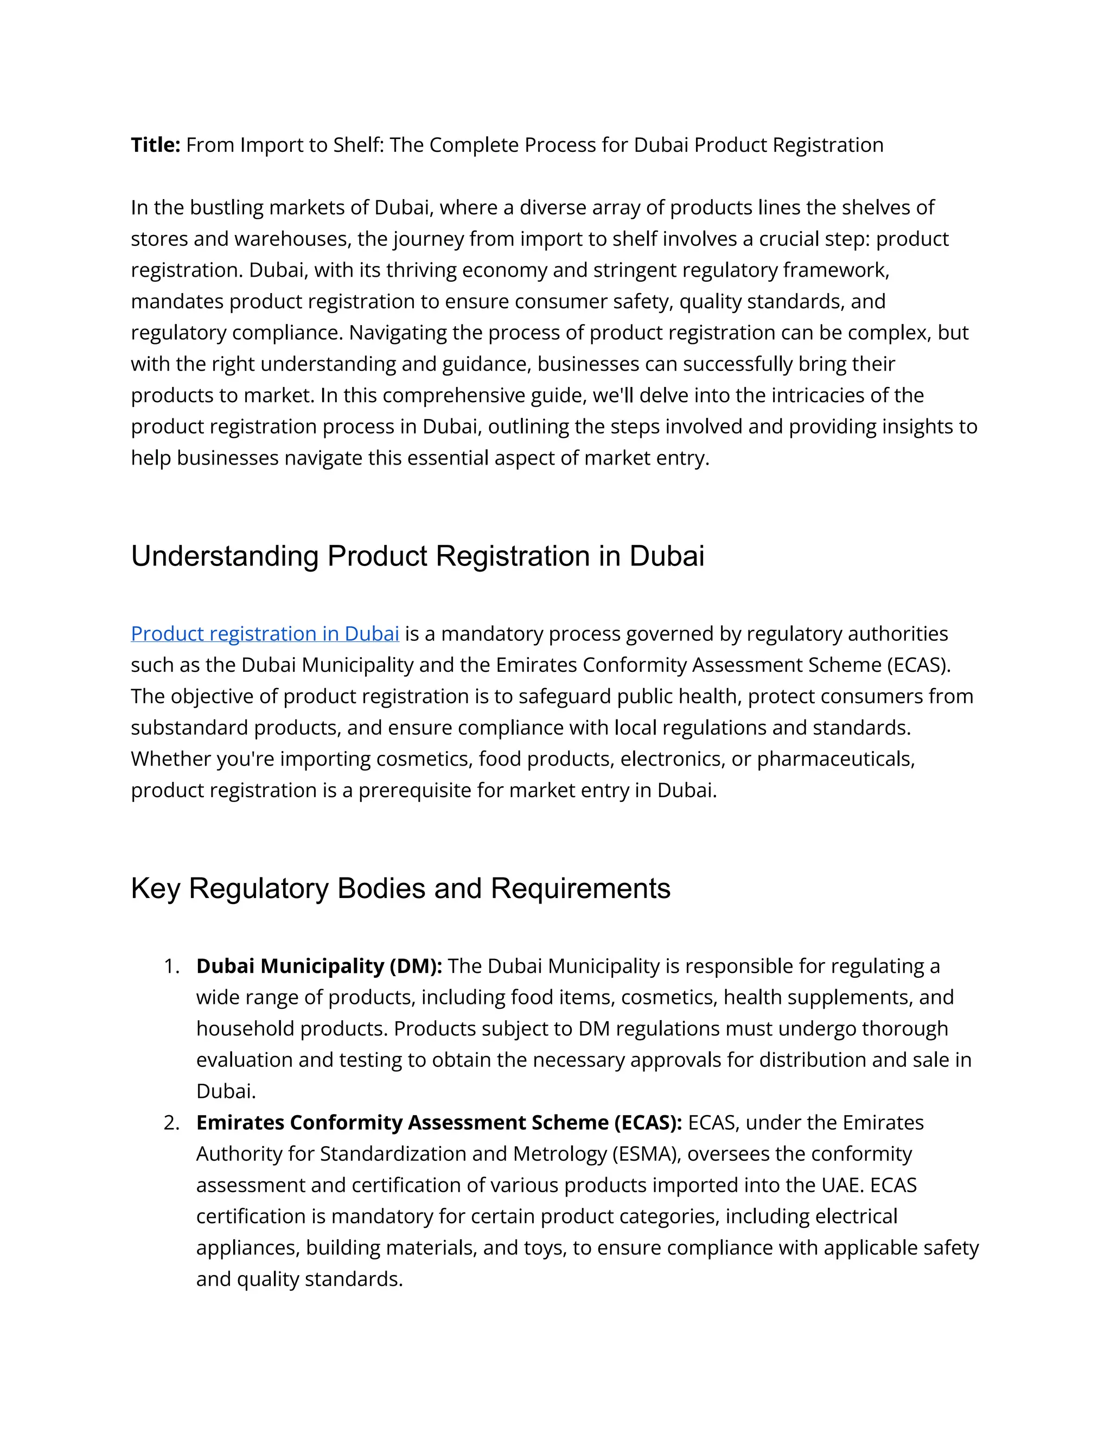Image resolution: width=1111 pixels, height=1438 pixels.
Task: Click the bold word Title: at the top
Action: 155,145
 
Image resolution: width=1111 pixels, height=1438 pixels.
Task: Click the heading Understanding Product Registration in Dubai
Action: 417,556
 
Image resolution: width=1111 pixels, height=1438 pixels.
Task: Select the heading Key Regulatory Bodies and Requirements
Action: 400,889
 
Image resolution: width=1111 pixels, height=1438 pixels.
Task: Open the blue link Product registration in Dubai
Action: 265,633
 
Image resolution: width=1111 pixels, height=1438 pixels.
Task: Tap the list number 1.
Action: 170,966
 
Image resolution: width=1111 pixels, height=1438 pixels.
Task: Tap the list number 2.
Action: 171,1123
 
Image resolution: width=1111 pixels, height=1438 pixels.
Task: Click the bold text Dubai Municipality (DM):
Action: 319,966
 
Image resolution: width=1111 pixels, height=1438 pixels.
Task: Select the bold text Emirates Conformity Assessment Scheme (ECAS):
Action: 439,1123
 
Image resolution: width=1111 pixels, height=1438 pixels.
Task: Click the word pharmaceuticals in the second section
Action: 834,759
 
